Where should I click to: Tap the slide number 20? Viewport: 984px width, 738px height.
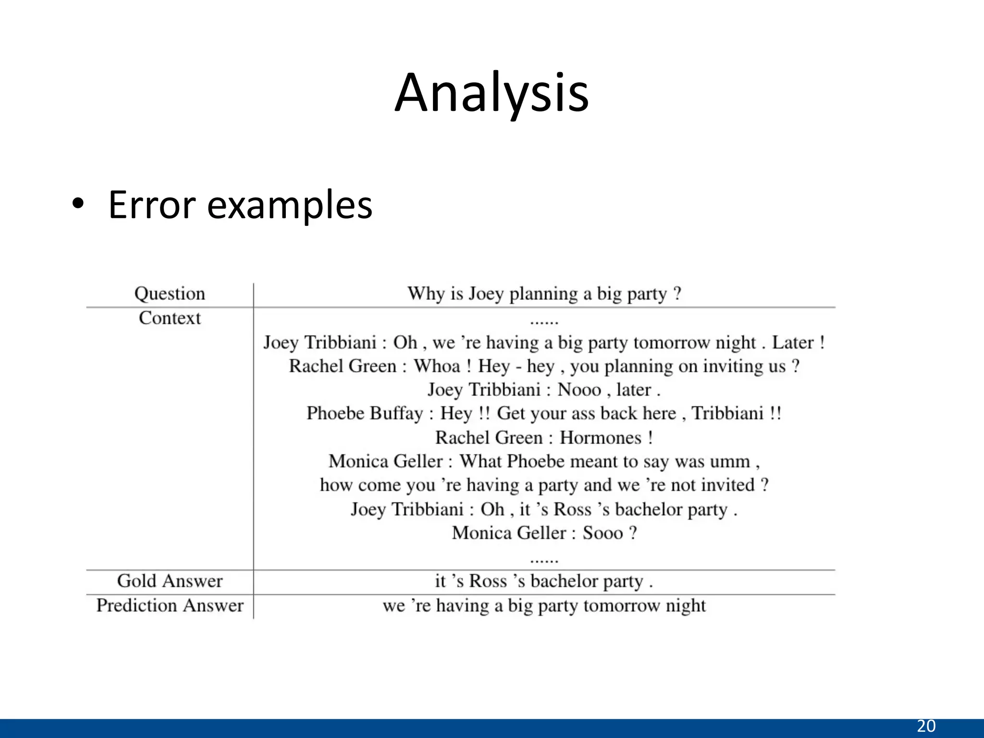pyautogui.click(x=926, y=726)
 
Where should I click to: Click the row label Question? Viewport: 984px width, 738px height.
pyautogui.click(x=170, y=294)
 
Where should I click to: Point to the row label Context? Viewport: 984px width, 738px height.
pyautogui.click(x=170, y=318)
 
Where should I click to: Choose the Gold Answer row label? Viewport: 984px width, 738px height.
pyautogui.click(x=170, y=581)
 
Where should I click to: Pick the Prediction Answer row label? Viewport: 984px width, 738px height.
pyautogui.click(x=170, y=605)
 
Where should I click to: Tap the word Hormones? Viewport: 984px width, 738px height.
pyautogui.click(x=601, y=438)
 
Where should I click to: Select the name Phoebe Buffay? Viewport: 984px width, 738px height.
pyautogui.click(x=365, y=413)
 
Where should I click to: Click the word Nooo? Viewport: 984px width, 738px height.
pyautogui.click(x=579, y=390)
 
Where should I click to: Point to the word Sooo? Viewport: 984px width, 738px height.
pyautogui.click(x=603, y=533)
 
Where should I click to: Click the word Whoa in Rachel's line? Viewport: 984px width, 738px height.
pyautogui.click(x=437, y=366)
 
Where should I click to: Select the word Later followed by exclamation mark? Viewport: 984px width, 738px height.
pyautogui.click(x=793, y=343)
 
